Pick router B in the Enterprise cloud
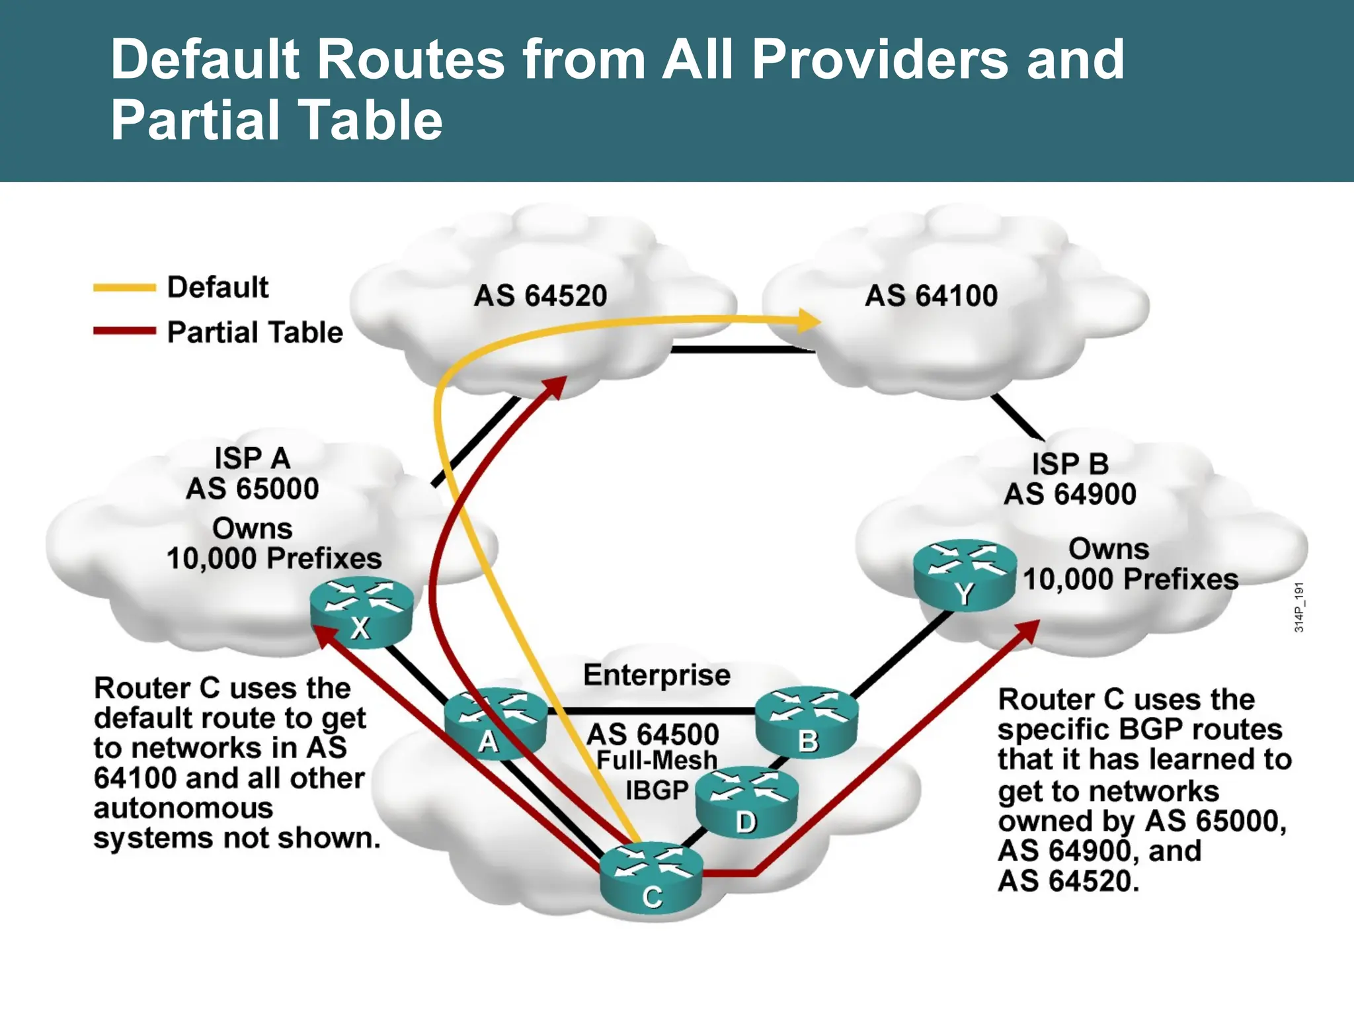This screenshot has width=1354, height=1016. (x=807, y=721)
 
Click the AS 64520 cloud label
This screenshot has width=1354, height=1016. (x=540, y=296)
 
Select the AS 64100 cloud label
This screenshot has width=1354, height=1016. (x=931, y=296)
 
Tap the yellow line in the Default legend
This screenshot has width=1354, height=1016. (x=124, y=288)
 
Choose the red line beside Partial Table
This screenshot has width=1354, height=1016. (x=124, y=331)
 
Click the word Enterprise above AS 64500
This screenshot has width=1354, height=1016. (x=657, y=675)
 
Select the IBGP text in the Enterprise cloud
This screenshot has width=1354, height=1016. (x=657, y=790)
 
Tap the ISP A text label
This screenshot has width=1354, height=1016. (x=252, y=458)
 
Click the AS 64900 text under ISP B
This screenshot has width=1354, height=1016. (x=1070, y=494)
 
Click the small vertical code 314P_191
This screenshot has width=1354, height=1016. (x=1299, y=607)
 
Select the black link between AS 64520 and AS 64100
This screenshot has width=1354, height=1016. (x=740, y=349)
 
